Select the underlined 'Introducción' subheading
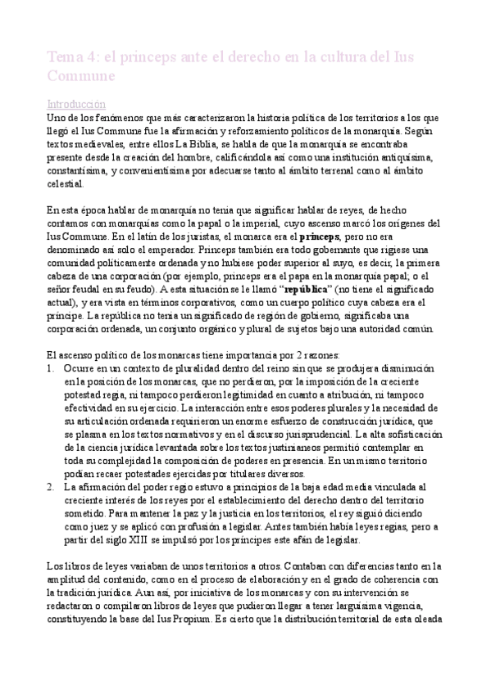(x=77, y=105)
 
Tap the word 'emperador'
(x=213, y=250)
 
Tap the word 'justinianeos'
(x=295, y=448)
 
